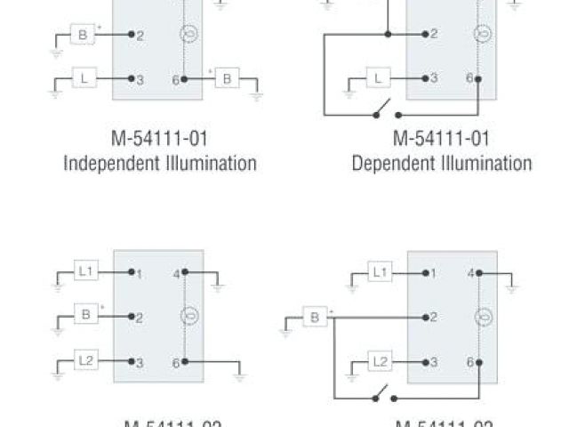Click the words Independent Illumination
160,163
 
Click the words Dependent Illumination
442,163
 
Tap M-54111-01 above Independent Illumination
160,140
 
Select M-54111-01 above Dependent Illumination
442,140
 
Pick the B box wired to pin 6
227,79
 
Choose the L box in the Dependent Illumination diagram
378,79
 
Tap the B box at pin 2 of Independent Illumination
84,35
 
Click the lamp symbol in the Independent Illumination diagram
188,35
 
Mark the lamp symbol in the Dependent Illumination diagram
481,35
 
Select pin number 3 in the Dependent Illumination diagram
433,79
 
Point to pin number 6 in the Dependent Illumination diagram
469,78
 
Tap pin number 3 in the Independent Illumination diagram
140,80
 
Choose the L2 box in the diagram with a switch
379,362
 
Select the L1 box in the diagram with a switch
379,272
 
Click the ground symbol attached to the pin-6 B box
256,93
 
